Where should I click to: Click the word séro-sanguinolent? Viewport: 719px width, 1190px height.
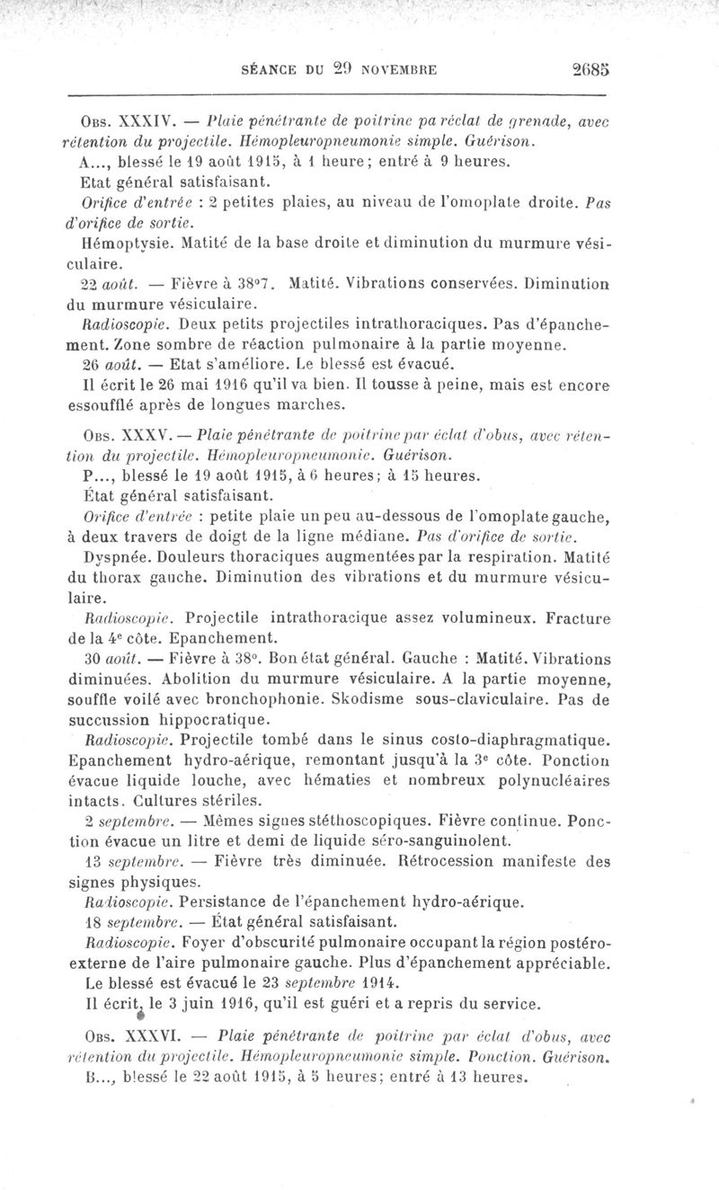point(435,840)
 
